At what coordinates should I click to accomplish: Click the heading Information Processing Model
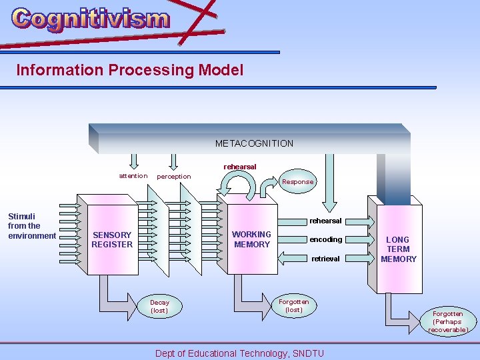coord(129,70)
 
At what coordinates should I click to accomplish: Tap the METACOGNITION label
coord(254,143)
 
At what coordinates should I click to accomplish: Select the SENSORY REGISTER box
coord(112,239)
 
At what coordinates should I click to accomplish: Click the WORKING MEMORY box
coord(251,239)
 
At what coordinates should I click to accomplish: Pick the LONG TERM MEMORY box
coord(399,249)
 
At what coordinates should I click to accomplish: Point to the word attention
coord(133,176)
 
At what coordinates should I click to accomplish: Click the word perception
coord(173,177)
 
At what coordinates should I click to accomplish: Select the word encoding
coord(325,239)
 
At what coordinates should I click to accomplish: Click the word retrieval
coord(325,259)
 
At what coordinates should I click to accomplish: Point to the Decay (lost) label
coord(159,306)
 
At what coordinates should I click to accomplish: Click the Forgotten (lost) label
coord(294,305)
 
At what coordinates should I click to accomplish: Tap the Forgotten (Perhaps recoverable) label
coord(448,321)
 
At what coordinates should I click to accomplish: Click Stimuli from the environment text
coord(31,226)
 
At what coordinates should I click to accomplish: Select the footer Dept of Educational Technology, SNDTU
coord(239,353)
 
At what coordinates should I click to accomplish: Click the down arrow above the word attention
coord(133,161)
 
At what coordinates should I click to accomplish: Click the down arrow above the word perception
coord(173,161)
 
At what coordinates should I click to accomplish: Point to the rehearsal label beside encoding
coord(325,221)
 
